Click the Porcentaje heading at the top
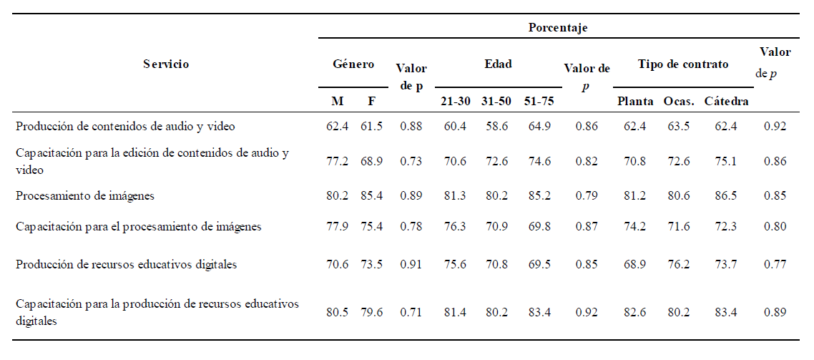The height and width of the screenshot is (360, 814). tap(557, 28)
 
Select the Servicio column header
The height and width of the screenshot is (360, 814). tap(166, 64)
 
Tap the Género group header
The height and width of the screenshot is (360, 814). tap(353, 64)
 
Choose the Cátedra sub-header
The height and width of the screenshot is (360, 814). tap(726, 102)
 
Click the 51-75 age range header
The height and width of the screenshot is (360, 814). tap(539, 102)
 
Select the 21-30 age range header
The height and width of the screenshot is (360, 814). tap(455, 102)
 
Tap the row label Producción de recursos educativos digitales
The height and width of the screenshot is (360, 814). tap(126, 264)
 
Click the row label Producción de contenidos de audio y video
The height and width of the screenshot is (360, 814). tap(118, 126)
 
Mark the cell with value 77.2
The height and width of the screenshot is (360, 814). tap(337, 162)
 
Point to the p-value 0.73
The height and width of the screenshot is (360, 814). tap(411, 162)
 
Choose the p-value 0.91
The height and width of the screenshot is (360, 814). tap(411, 264)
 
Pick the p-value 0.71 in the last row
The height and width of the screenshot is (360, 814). tap(411, 313)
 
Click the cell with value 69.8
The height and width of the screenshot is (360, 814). tap(538, 226)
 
